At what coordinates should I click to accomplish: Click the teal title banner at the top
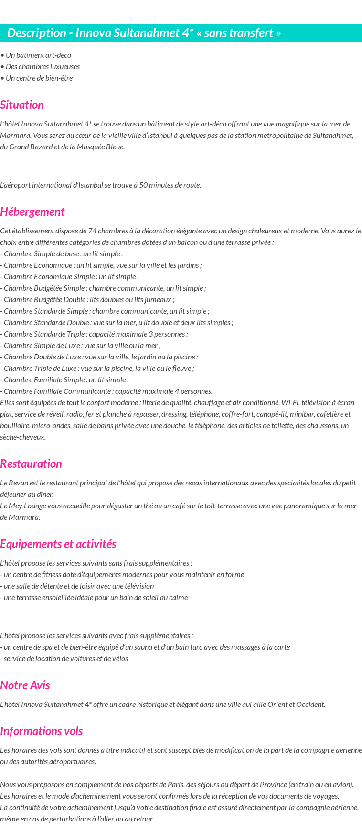tap(181, 33)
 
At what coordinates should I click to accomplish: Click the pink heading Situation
tap(22, 105)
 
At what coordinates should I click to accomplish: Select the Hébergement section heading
tap(32, 212)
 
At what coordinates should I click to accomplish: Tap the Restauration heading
tap(31, 464)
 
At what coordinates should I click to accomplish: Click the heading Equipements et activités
tap(58, 544)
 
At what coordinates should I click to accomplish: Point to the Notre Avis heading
tap(25, 685)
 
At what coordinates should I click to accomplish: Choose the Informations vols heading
tap(42, 731)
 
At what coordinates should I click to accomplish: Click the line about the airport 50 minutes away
tap(100, 185)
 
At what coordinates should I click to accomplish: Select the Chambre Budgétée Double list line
tap(88, 300)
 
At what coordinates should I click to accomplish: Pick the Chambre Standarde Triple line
tap(95, 334)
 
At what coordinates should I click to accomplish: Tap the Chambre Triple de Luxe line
tap(97, 369)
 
